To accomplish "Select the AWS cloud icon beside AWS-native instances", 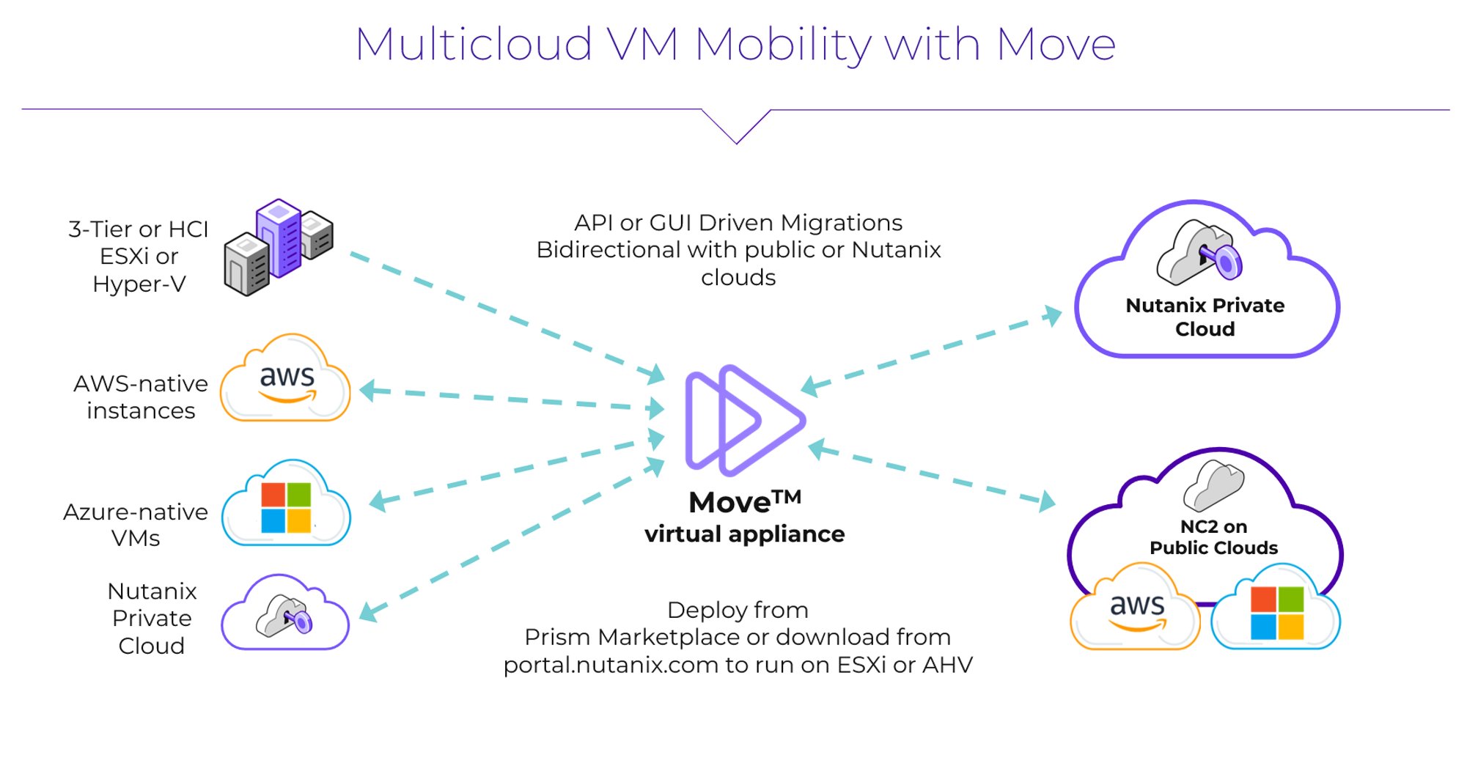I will (x=286, y=380).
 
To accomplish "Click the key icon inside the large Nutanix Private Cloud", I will (x=1200, y=254).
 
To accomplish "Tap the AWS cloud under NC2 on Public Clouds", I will (x=1136, y=609).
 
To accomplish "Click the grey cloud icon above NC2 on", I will (x=1214, y=485).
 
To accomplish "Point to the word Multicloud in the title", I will (x=474, y=45).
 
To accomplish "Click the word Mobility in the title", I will (x=783, y=45).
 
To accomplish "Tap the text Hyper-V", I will (x=139, y=284).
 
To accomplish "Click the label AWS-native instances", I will (x=141, y=397).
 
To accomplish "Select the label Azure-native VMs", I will (x=136, y=524).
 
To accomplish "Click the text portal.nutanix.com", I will (x=611, y=665).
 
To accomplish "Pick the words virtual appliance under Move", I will (x=744, y=534).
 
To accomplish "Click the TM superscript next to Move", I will (x=787, y=498).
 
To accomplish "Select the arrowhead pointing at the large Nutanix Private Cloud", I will (x=1054, y=315).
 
